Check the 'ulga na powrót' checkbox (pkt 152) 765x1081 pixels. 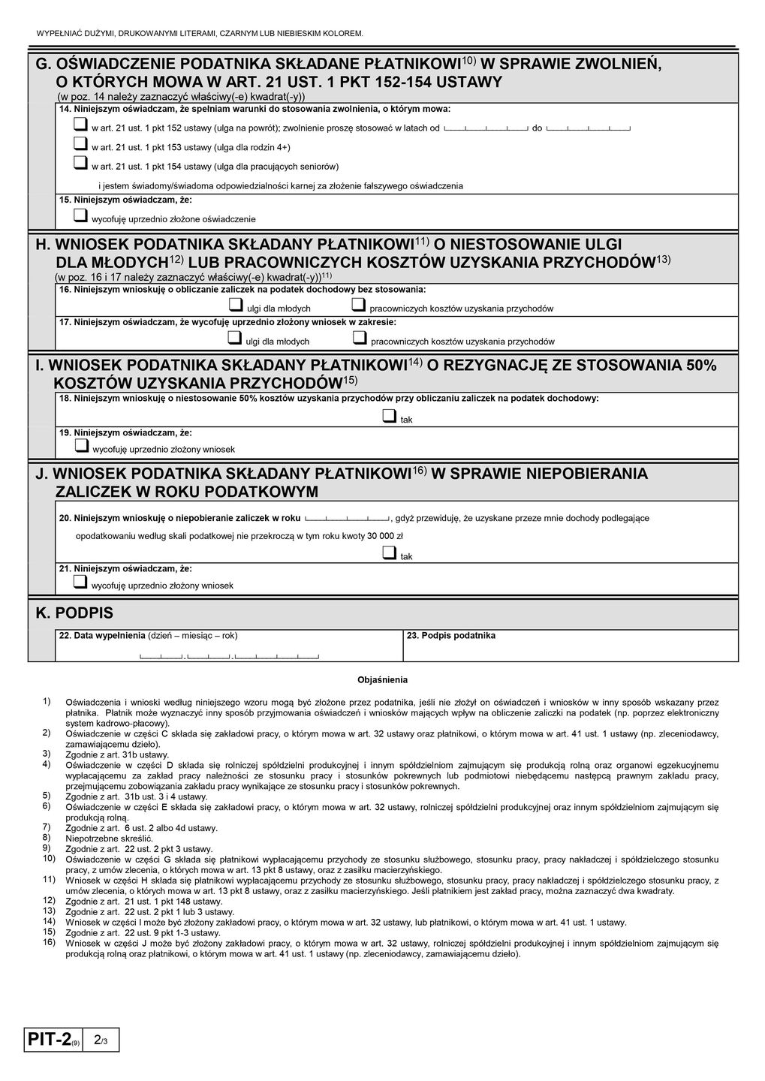(x=80, y=126)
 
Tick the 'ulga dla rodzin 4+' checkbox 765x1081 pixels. (x=80, y=145)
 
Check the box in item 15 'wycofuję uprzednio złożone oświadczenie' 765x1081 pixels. (x=80, y=216)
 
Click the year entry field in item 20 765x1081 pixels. (x=347, y=518)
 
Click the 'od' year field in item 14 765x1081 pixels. (x=486, y=128)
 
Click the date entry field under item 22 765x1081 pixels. (x=229, y=658)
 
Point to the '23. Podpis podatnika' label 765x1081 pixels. (x=450, y=636)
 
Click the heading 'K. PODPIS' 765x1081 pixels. (x=74, y=613)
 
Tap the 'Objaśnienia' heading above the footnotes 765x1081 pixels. (x=382, y=680)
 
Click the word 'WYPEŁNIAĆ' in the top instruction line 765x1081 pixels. (x=56, y=34)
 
